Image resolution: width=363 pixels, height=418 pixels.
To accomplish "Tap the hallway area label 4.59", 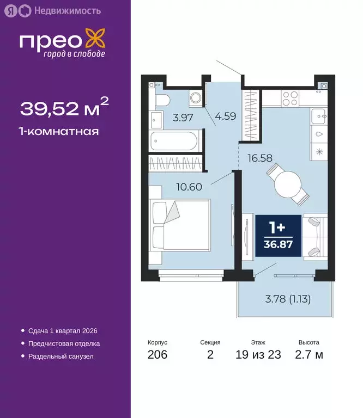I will [x=225, y=116].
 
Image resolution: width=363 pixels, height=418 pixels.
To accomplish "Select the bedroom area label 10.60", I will [x=189, y=186].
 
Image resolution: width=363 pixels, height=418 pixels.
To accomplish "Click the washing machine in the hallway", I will [x=196, y=99].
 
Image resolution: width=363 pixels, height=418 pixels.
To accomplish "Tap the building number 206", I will [x=157, y=355].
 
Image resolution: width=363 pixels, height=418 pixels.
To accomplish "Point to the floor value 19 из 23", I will [x=258, y=355].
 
